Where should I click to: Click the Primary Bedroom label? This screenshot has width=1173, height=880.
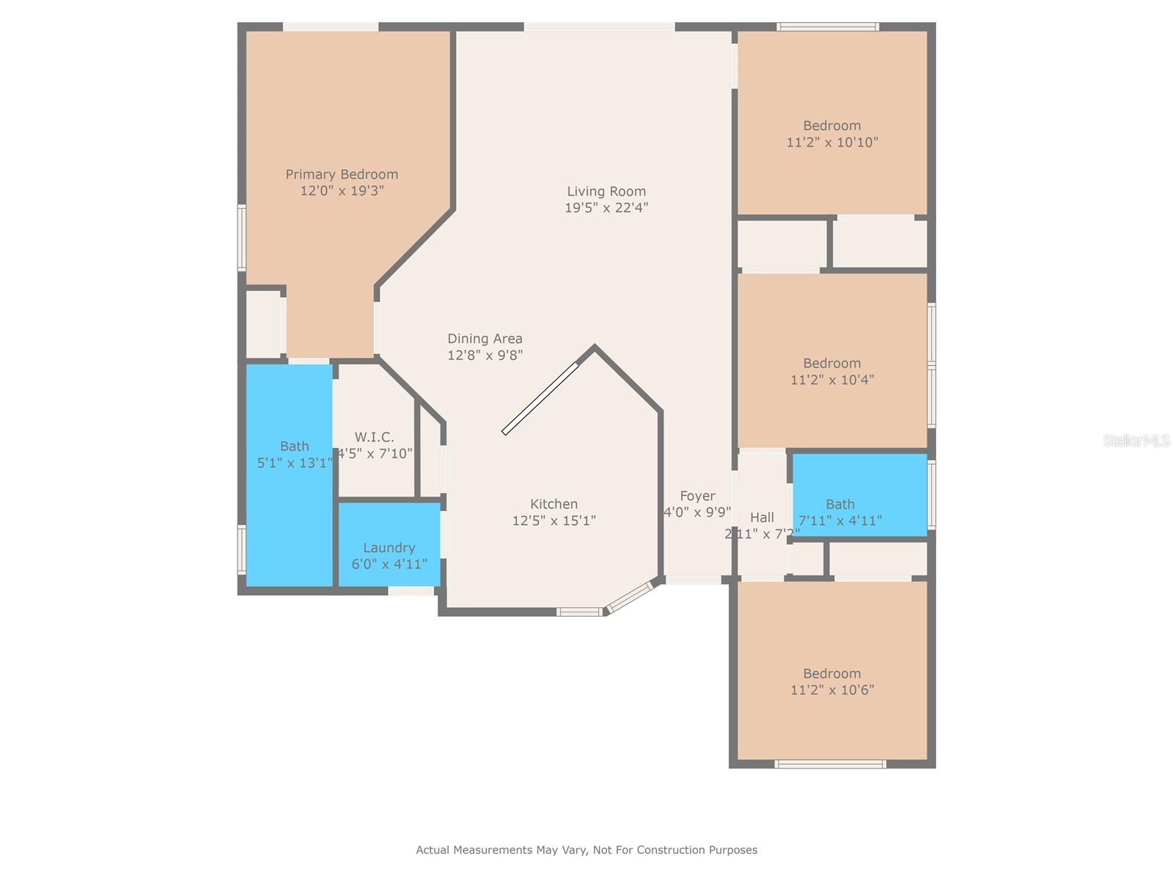(x=342, y=174)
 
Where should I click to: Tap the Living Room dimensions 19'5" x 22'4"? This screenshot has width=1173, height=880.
(x=606, y=208)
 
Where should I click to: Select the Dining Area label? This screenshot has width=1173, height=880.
(x=485, y=338)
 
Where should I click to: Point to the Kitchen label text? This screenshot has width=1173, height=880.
(x=554, y=504)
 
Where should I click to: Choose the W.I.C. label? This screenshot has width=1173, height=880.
(x=374, y=437)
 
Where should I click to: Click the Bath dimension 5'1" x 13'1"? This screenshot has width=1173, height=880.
(x=294, y=463)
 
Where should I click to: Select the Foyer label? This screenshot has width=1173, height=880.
(x=696, y=496)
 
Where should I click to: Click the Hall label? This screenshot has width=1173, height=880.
(x=762, y=517)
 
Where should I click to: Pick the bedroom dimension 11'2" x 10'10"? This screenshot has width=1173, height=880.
(x=832, y=142)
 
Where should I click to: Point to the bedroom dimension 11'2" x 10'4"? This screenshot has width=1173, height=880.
(x=832, y=380)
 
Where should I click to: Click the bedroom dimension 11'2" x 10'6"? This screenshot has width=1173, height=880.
(x=832, y=690)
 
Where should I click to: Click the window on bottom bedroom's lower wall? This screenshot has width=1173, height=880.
(x=830, y=764)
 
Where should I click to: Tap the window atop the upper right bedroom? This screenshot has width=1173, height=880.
(x=828, y=27)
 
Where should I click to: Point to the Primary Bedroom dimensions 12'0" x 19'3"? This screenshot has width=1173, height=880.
(x=342, y=191)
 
